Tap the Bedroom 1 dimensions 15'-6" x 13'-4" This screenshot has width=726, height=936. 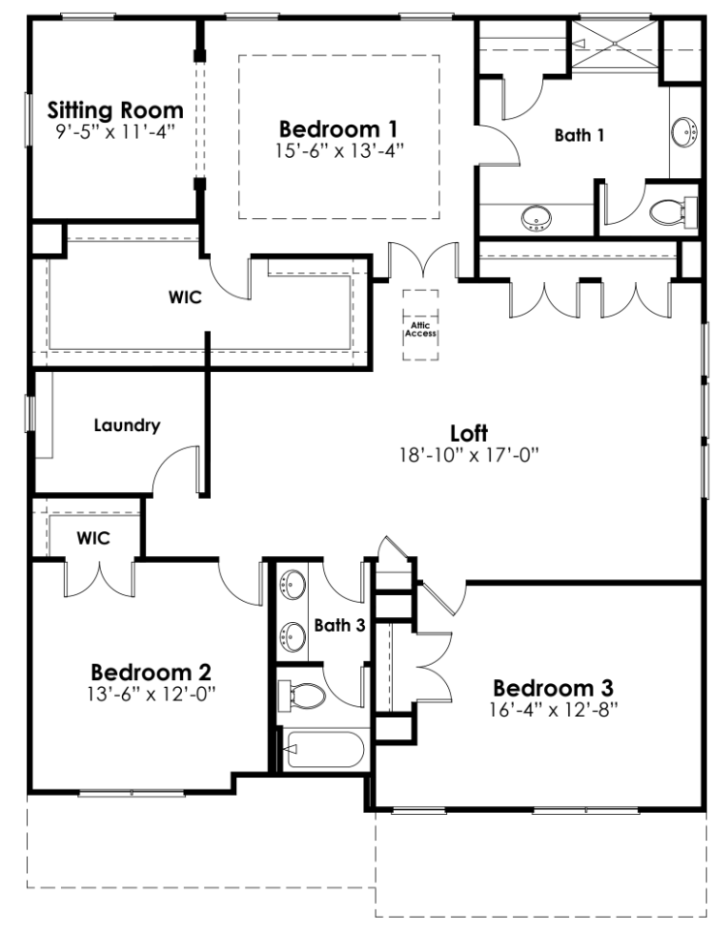[x=339, y=149]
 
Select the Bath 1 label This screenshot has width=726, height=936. [x=579, y=136]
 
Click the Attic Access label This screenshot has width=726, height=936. [x=419, y=329]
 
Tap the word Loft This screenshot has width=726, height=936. [x=469, y=432]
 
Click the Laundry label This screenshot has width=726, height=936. [x=127, y=424]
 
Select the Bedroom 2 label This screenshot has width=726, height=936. [x=151, y=671]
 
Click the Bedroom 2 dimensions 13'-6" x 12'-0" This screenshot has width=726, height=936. [x=151, y=693]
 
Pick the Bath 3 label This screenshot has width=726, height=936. [x=339, y=625]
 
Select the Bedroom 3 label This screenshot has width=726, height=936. [x=553, y=688]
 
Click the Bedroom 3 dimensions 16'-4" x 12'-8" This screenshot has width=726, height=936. [x=553, y=708]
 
